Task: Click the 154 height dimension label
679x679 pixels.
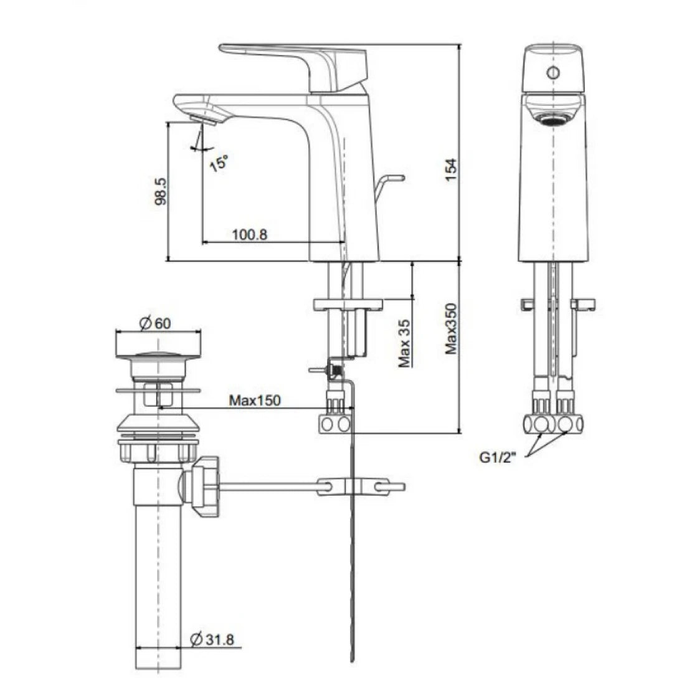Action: pyautogui.click(x=451, y=169)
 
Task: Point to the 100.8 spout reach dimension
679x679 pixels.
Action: pyautogui.click(x=249, y=235)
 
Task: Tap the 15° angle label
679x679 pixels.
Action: pyautogui.click(x=219, y=163)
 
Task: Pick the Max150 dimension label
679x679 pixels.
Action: pyautogui.click(x=254, y=400)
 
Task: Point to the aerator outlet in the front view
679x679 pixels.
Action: pyautogui.click(x=551, y=118)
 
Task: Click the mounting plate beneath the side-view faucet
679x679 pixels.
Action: pyautogui.click(x=348, y=304)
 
